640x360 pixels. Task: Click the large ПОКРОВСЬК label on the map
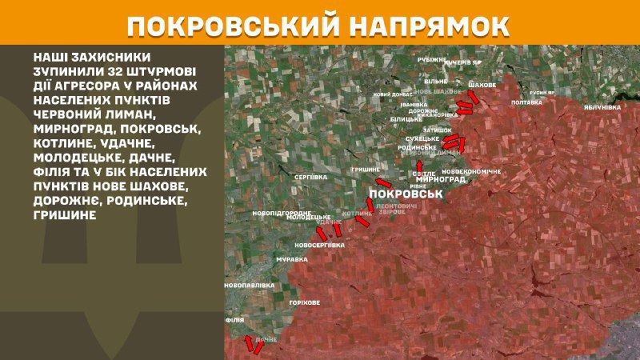pos(406,194)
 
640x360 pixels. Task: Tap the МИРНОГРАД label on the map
pos(442,180)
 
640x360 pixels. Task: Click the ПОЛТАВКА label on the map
pos(526,102)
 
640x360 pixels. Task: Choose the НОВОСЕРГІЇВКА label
pos(319,245)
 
